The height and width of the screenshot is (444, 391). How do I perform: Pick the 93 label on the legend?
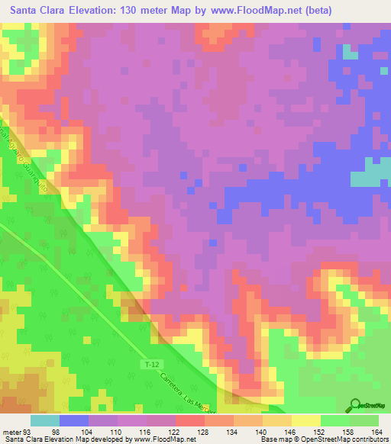point(30,431)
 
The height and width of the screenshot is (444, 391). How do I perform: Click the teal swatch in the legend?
point(44,420)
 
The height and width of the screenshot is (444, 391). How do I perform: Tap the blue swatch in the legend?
point(73,420)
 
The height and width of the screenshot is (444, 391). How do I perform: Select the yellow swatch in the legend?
point(305,420)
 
